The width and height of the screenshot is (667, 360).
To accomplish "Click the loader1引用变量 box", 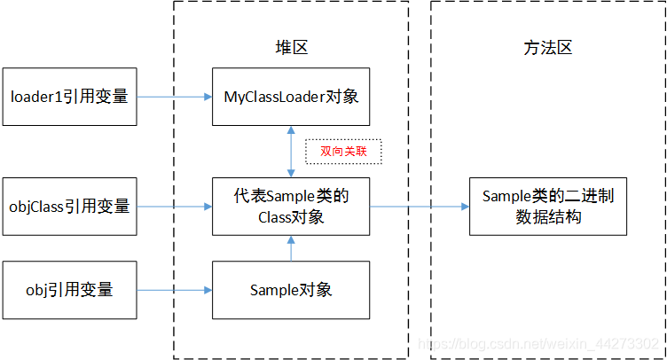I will coord(69,96).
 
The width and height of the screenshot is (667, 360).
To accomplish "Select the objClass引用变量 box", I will coord(69,207).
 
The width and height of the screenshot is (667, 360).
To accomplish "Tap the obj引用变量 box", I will coord(69,290).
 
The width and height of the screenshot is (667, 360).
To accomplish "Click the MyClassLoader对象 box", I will coord(291,96).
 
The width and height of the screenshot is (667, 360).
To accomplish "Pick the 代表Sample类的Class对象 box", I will coord(291,207).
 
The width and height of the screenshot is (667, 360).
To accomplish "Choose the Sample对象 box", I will coord(291,290).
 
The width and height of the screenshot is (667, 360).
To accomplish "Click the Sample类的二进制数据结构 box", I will coord(541,207).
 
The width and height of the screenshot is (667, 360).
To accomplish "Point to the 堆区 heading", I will coord(291,49).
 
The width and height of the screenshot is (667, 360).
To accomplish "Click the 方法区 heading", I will coord(548,49).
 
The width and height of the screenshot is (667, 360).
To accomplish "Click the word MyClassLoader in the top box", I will coord(271,96).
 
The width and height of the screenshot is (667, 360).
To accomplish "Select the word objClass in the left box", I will coord(37,207).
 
